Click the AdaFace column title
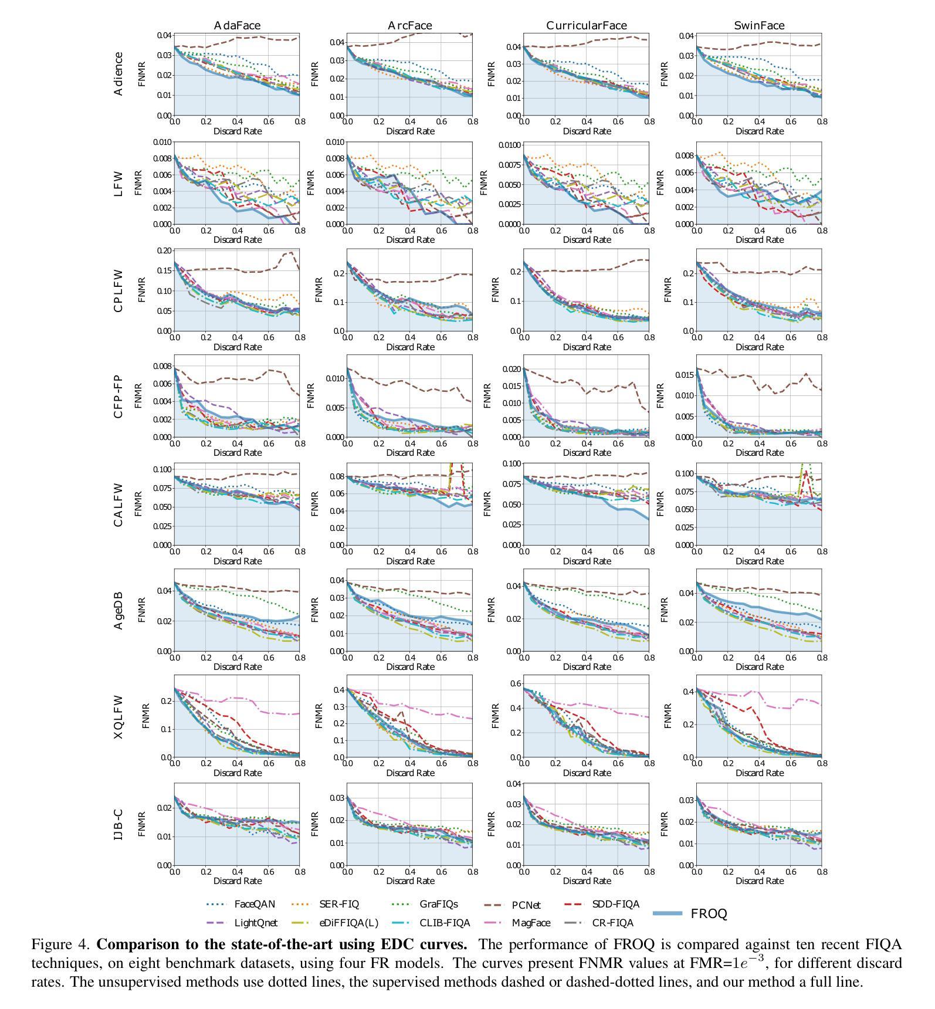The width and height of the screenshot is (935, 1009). coord(237,25)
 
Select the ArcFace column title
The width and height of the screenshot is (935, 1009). coord(409,25)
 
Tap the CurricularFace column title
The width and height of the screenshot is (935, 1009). coord(586,25)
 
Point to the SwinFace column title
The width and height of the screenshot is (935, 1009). coord(759,25)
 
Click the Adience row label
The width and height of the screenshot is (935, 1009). coord(118,74)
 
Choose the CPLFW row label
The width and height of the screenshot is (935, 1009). coord(118,291)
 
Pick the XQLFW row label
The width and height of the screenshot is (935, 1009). coord(118,717)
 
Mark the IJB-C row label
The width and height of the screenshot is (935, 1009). coord(118,825)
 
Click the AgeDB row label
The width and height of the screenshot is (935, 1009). coord(118,610)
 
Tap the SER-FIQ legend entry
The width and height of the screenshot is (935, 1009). coord(338,904)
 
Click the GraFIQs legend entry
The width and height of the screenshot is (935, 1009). coord(439,904)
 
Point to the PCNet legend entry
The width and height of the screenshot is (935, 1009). coord(526,905)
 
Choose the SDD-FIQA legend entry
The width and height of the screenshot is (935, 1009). coord(615,904)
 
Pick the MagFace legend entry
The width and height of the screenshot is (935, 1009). coord(531,923)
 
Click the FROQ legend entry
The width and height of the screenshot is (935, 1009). coord(709,913)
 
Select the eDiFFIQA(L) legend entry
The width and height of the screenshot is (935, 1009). coord(348,923)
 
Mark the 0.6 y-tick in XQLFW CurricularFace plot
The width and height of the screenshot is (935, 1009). coord(514,683)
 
